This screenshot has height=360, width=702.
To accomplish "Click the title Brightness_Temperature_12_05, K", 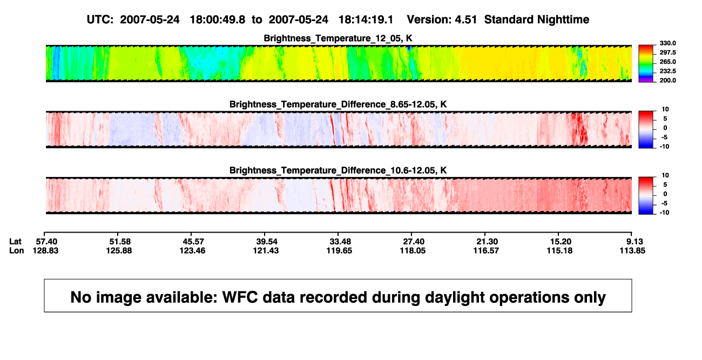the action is tap(338, 38).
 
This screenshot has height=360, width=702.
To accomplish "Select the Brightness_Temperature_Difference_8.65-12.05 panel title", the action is tap(338, 104).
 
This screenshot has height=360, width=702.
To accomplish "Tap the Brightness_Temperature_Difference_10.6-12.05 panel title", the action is tap(338, 171).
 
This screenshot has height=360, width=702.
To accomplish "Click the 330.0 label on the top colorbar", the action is tap(667, 43).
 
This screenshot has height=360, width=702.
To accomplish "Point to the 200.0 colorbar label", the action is tap(667, 80).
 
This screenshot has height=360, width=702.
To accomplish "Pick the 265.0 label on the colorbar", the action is tap(667, 62).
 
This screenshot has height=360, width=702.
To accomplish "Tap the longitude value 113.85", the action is tap(632, 250).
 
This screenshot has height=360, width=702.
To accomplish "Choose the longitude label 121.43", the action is tap(266, 250).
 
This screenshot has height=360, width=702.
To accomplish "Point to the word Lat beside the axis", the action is tap(15, 242).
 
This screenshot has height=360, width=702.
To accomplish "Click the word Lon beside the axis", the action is tap(17, 250).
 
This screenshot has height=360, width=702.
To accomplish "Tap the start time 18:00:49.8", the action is tap(218, 20).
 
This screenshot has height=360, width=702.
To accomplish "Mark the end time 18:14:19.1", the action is tap(366, 20).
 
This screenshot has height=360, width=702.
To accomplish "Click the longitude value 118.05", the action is tap(413, 250).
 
